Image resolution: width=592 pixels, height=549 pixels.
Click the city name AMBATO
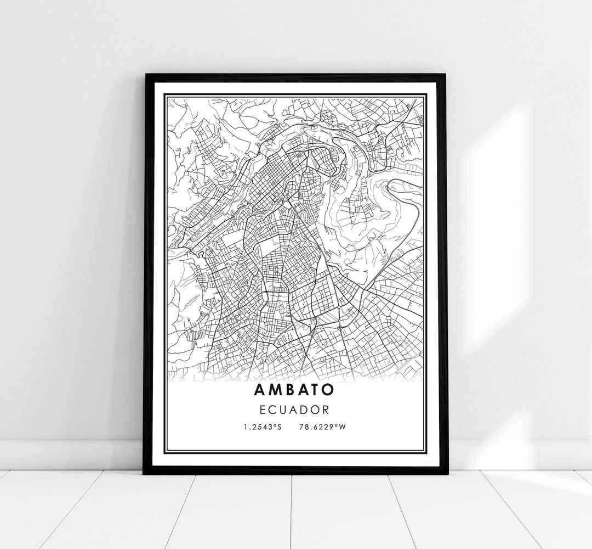click(x=294, y=389)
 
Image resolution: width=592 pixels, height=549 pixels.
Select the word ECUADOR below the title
click(x=295, y=410)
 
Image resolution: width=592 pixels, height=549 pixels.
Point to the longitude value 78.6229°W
click(x=323, y=427)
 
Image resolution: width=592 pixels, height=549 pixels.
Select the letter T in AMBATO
click(x=315, y=389)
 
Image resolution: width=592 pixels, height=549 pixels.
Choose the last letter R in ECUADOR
click(x=326, y=410)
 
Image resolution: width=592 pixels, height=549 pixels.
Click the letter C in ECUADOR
click(x=276, y=410)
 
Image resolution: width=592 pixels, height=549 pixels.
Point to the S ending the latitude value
click(x=279, y=427)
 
